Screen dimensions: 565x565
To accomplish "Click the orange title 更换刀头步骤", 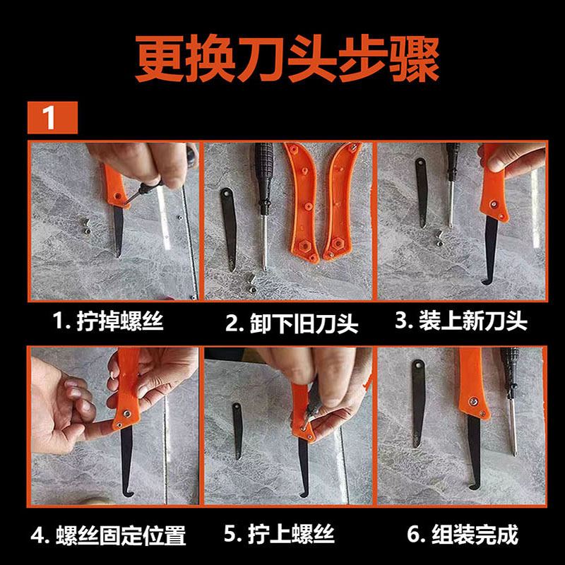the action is (287, 59).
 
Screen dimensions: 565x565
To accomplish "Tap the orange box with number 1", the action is (52, 117).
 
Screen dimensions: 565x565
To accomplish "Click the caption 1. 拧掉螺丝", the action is (108, 321).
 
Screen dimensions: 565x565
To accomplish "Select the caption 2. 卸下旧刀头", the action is (292, 323).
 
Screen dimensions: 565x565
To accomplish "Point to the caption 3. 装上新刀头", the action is (461, 321).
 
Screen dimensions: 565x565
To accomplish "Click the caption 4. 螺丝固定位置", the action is (109, 535).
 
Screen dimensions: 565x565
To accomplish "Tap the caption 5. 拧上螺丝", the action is (279, 534).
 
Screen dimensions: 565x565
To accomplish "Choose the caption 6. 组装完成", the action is (463, 535).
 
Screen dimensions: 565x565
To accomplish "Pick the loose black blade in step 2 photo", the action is (228, 228).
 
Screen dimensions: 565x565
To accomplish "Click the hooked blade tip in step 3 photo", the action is (485, 282).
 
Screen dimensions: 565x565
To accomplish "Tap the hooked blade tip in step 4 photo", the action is (126, 494).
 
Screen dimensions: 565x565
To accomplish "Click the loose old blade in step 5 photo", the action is (237, 431).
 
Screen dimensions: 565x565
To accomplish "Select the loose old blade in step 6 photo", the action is (418, 403).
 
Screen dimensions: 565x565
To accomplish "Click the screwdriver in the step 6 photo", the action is (511, 400).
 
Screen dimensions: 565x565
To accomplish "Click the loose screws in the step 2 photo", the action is (251, 280).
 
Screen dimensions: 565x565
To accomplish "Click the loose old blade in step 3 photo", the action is (422, 192).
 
